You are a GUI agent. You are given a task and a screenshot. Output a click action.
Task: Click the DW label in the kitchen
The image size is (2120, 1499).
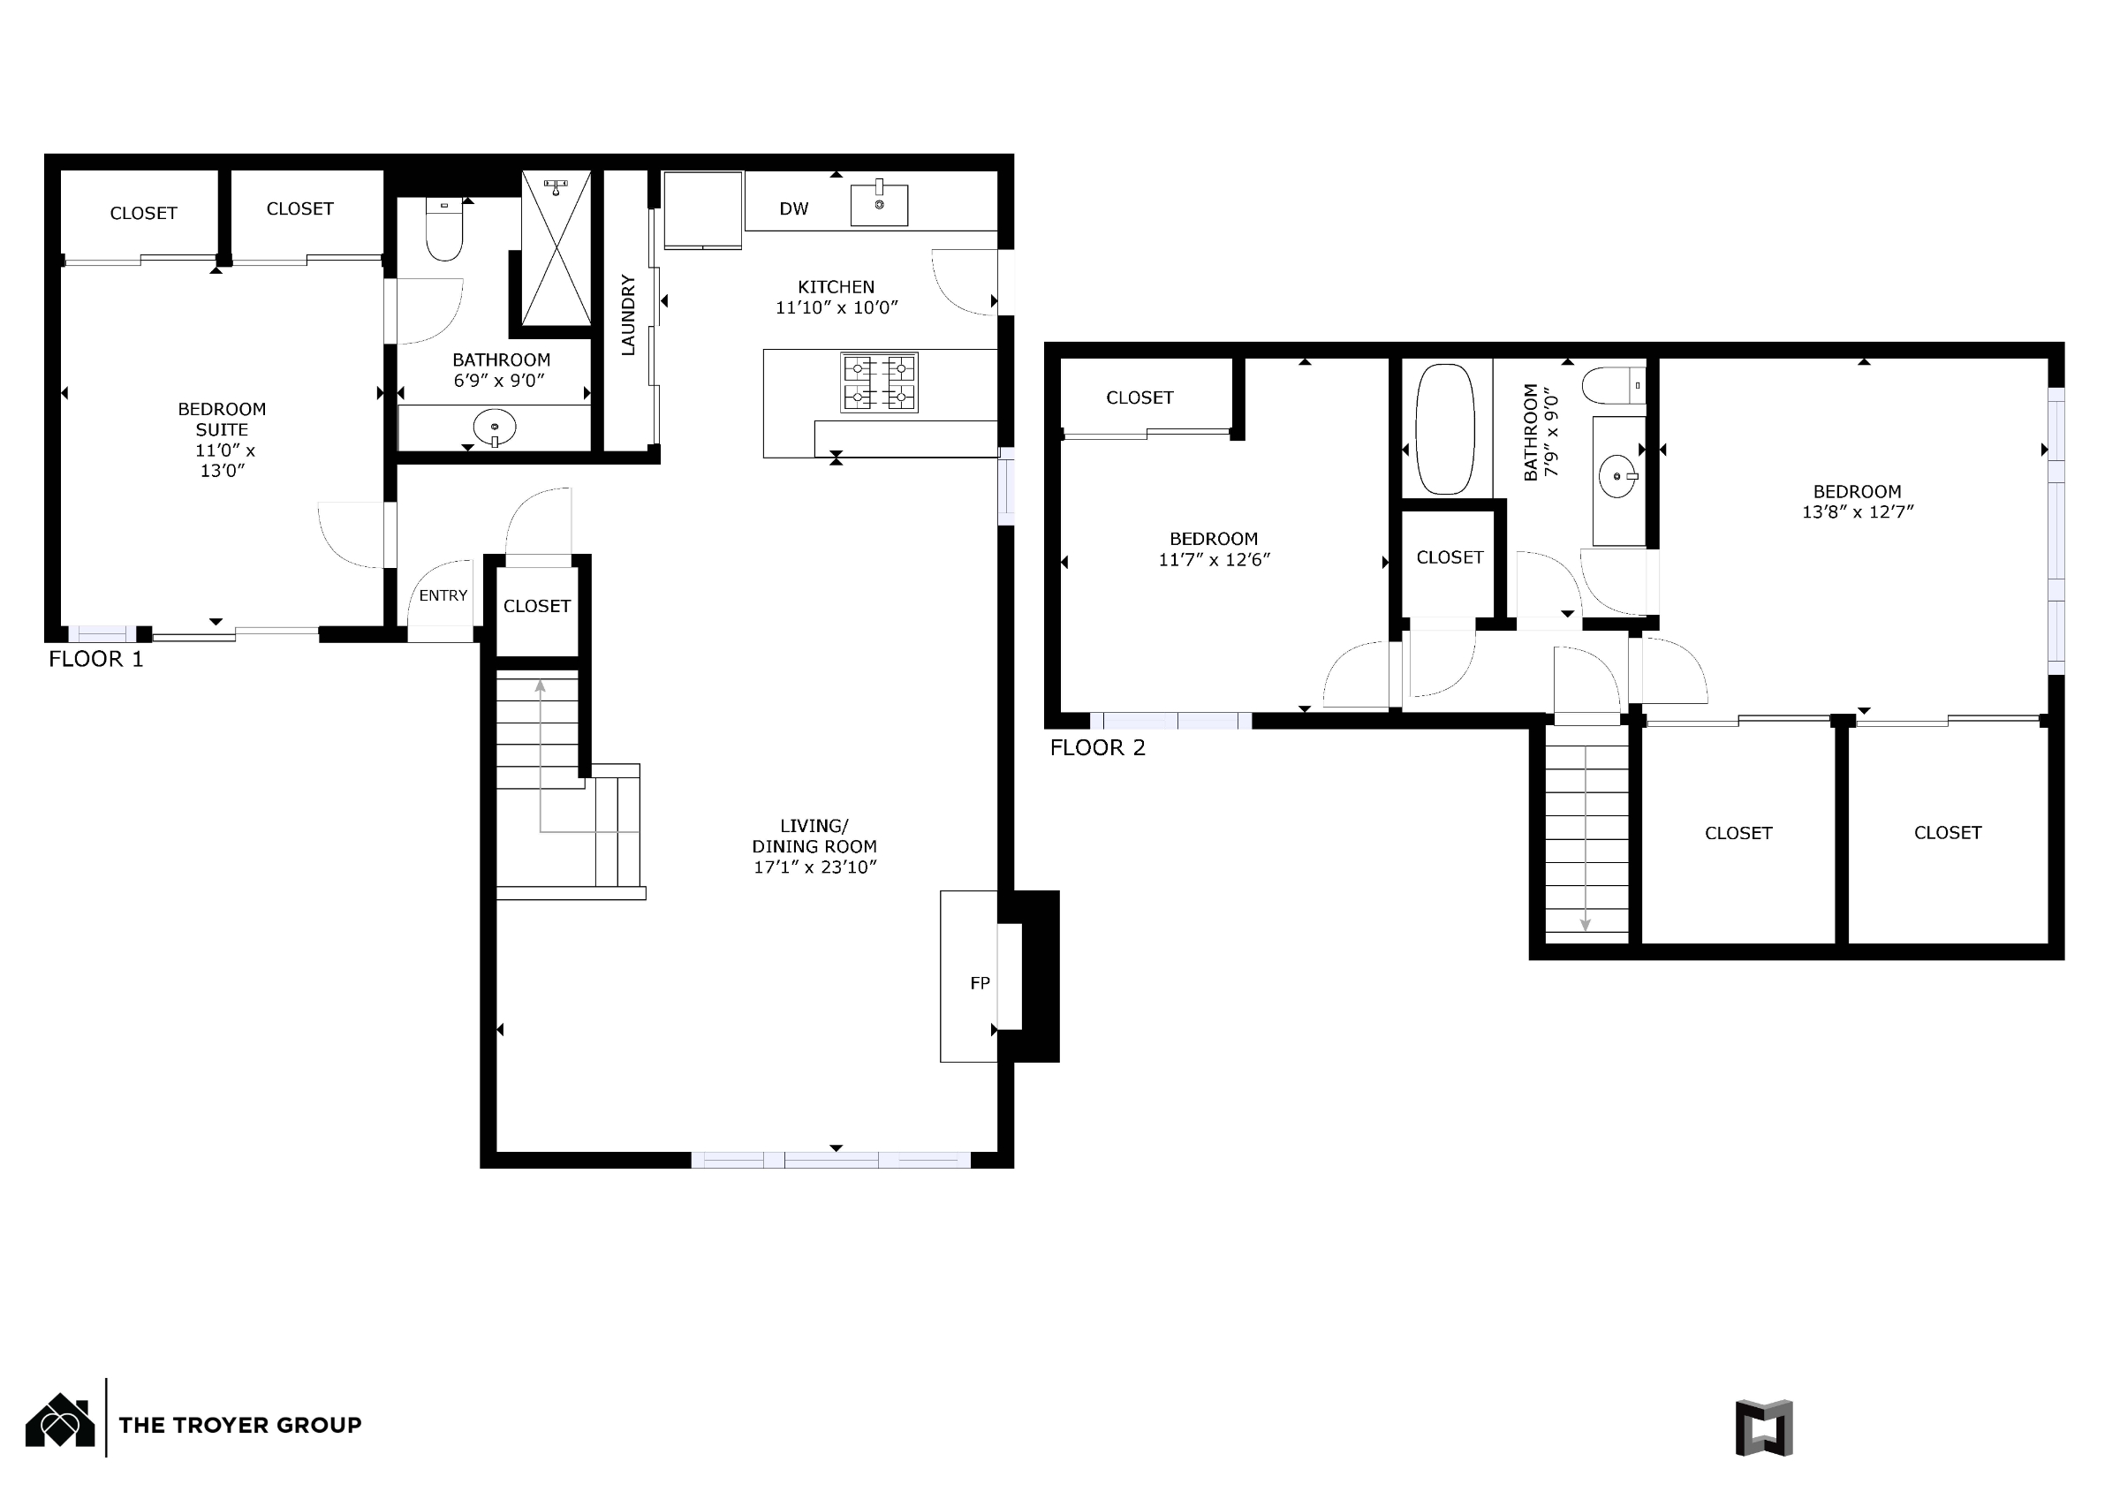click(x=793, y=208)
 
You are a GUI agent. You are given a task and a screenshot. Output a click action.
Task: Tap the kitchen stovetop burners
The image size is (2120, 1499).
click(x=879, y=382)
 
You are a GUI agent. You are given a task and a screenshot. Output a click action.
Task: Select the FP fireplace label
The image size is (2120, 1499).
click(x=980, y=984)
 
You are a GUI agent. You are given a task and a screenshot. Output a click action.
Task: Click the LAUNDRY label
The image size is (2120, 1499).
click(x=628, y=314)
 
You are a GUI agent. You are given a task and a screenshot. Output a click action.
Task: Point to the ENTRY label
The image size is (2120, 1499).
click(x=443, y=595)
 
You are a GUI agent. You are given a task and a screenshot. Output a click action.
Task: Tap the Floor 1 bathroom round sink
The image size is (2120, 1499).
click(x=495, y=427)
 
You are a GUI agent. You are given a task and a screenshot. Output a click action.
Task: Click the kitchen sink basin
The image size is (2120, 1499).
click(x=879, y=204)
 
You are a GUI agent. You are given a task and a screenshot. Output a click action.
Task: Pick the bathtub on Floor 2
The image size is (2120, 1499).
click(x=1446, y=429)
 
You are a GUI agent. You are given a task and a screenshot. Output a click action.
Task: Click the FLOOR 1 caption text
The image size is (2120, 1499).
click(x=96, y=660)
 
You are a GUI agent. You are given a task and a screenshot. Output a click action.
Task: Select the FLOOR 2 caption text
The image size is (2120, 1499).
click(x=1098, y=748)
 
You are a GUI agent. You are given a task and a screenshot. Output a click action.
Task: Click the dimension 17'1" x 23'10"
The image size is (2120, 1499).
click(x=814, y=867)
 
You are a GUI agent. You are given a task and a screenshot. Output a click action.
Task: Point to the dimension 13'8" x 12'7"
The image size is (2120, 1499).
click(x=1858, y=511)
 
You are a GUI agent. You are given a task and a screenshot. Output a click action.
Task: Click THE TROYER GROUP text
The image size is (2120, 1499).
click(x=240, y=1425)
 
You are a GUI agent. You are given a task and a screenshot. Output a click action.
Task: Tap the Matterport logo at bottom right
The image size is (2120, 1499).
click(x=1764, y=1427)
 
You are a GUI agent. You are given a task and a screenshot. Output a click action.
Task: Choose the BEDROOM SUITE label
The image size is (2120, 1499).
click(x=222, y=420)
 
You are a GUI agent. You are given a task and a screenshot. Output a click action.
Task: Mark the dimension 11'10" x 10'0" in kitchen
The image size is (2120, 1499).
click(x=837, y=307)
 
